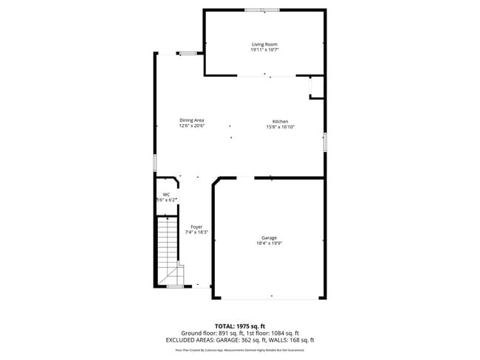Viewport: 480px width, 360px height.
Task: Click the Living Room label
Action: click(x=264, y=44)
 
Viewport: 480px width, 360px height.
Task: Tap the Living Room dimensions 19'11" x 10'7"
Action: click(x=264, y=50)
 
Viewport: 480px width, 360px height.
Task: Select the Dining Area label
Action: click(x=191, y=120)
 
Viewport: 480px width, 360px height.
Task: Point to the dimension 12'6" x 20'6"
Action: click(x=191, y=125)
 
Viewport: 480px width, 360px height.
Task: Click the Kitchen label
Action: click(x=280, y=121)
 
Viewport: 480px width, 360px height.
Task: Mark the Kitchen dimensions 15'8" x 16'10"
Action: click(x=280, y=127)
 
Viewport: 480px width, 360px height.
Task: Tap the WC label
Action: click(x=166, y=194)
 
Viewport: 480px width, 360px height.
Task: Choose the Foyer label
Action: click(x=196, y=226)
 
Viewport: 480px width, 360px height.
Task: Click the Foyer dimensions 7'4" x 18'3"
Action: click(x=196, y=232)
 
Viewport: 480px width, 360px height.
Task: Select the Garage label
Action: click(x=270, y=238)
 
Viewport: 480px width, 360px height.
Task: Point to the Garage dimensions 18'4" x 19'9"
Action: click(x=270, y=243)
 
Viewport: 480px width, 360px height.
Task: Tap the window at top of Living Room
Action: click(x=263, y=10)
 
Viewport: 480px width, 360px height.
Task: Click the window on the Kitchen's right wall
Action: click(x=324, y=142)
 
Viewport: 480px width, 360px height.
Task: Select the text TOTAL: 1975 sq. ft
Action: click(x=241, y=325)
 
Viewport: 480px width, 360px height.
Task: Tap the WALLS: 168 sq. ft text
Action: click(x=292, y=340)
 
